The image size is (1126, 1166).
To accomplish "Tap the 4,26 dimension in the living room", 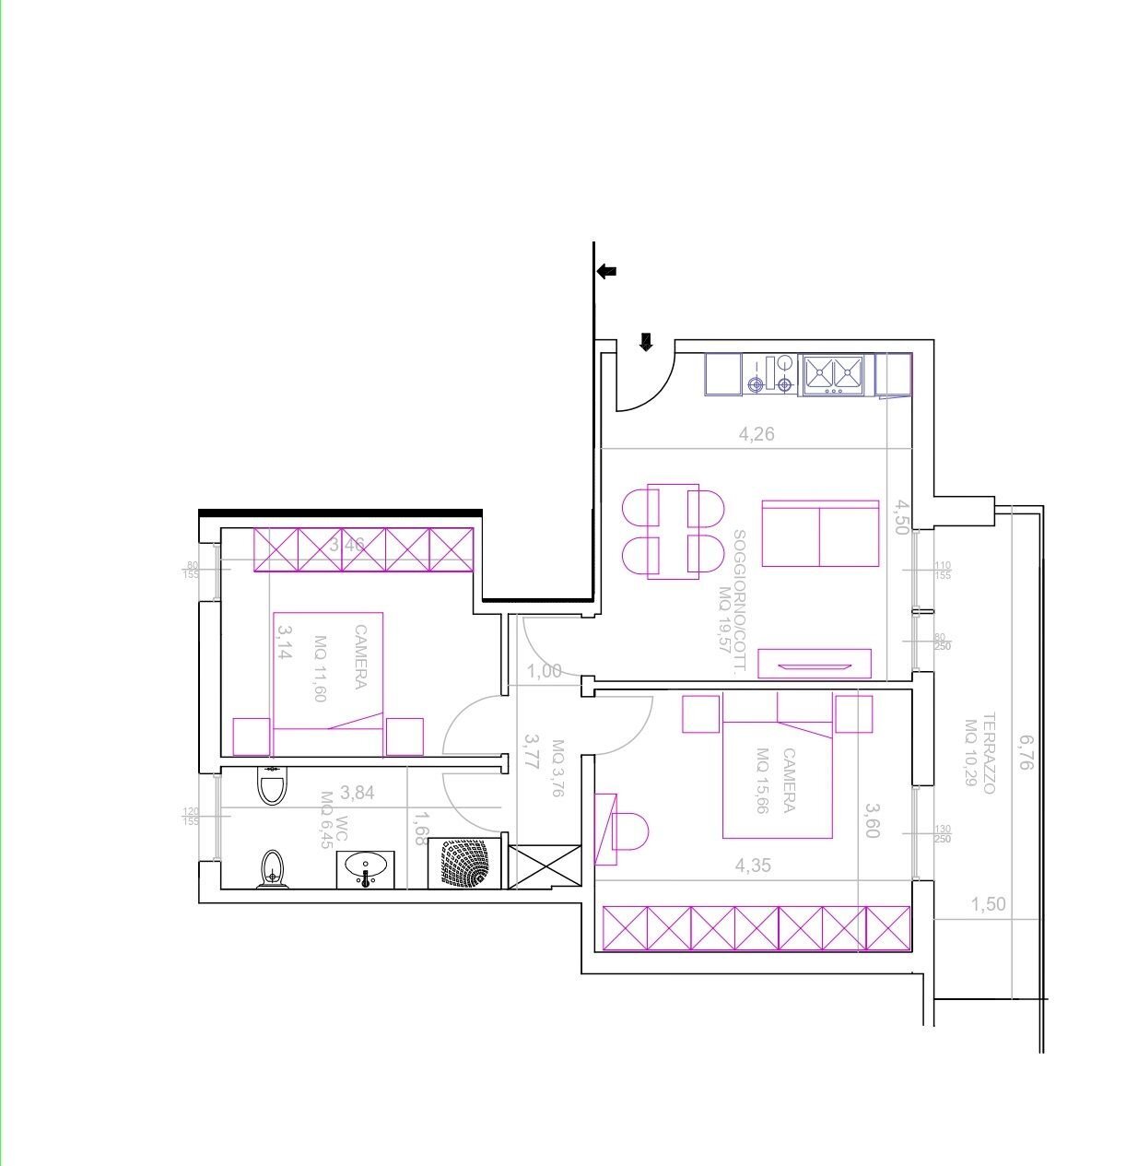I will coord(757,433).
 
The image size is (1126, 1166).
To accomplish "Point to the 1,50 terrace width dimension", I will coord(988,904).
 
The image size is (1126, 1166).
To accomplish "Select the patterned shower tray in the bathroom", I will coord(464,864).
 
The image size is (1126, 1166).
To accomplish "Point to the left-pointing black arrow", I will coord(606,271).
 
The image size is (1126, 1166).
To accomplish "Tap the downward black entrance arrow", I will coord(646,342).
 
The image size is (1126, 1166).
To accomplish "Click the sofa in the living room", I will coord(820,534).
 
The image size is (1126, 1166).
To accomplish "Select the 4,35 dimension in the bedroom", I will coord(753,866).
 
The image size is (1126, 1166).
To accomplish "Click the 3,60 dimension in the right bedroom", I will coord(873,820).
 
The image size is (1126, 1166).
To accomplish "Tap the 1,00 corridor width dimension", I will coord(545,670).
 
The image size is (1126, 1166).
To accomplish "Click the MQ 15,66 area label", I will coord(762,780).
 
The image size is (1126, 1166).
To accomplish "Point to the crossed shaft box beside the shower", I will coord(545,866).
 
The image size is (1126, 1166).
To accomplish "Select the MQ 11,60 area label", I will coord(320,669).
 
